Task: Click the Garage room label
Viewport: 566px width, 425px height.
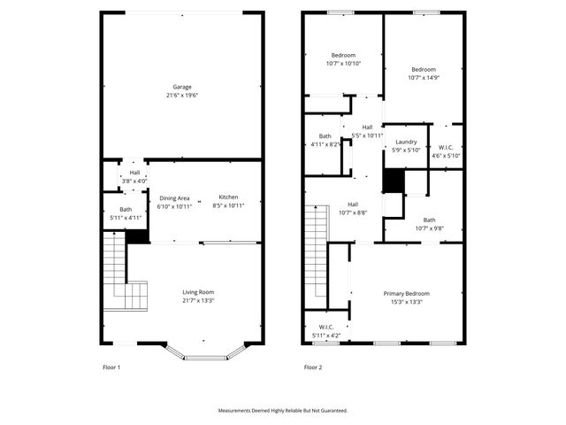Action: tap(182, 87)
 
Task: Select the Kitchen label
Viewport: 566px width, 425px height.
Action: tap(228, 197)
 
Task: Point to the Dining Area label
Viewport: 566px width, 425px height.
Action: tap(174, 198)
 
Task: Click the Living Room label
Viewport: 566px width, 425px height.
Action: tap(198, 292)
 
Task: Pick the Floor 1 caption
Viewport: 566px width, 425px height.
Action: tap(111, 367)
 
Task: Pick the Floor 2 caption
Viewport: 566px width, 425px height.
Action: tap(313, 367)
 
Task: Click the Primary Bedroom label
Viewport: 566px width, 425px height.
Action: tap(406, 293)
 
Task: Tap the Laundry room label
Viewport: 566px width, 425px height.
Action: tap(406, 142)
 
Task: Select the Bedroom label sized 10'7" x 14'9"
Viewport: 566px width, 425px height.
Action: tap(424, 69)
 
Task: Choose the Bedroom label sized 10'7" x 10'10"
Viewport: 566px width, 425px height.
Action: tap(343, 56)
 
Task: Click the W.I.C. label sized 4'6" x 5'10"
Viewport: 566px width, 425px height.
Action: tap(446, 148)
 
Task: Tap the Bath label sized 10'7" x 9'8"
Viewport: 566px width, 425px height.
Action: tap(429, 220)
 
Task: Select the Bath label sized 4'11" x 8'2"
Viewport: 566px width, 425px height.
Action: tap(325, 136)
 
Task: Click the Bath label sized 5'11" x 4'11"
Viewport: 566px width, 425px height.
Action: tap(113, 209)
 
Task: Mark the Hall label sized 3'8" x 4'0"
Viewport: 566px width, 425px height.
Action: tap(134, 173)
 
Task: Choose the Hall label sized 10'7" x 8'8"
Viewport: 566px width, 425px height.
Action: tap(352, 205)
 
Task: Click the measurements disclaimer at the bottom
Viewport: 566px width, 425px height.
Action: tap(283, 411)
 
